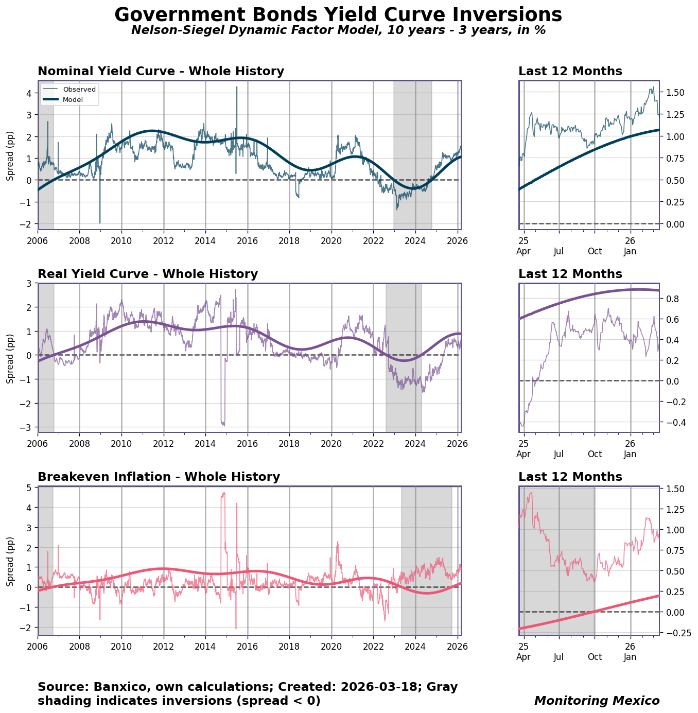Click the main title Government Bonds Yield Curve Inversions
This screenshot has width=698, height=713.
pos(338,15)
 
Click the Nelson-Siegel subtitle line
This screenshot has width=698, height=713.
pos(338,30)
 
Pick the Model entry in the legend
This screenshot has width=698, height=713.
pos(73,99)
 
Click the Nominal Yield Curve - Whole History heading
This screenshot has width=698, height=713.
pos(161,72)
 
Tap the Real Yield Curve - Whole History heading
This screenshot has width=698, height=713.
pos(148,274)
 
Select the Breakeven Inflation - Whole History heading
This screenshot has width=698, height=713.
pos(159,477)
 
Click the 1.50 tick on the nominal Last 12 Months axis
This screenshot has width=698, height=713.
pos(674,93)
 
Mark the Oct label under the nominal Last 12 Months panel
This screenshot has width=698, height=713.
pos(595,252)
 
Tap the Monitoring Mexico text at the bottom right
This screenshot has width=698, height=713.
pos(597,701)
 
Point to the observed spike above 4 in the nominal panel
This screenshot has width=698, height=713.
pos(237,88)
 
